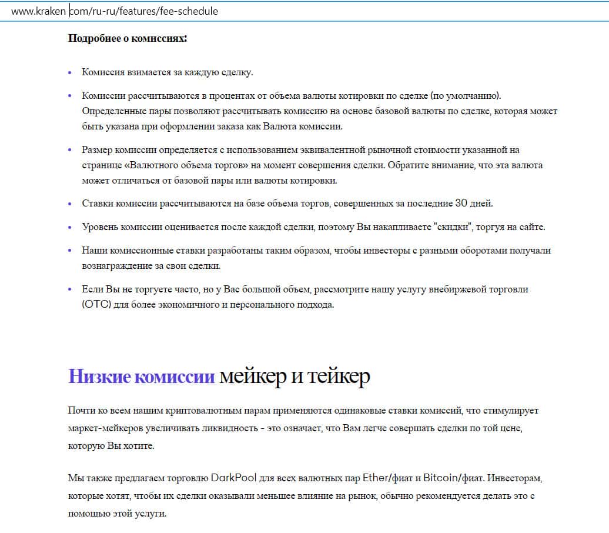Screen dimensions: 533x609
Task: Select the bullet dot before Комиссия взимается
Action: click(x=70, y=72)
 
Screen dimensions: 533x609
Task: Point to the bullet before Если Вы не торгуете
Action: click(x=70, y=289)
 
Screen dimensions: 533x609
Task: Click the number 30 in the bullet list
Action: click(x=461, y=203)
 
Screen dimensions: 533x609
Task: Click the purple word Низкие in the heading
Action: click(x=99, y=376)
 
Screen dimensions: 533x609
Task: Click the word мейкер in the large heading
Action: click(x=250, y=376)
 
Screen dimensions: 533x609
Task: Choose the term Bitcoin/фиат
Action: click(x=451, y=476)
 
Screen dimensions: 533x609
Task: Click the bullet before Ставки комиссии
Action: click(x=70, y=204)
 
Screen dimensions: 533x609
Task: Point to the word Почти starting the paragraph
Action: click(x=81, y=411)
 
